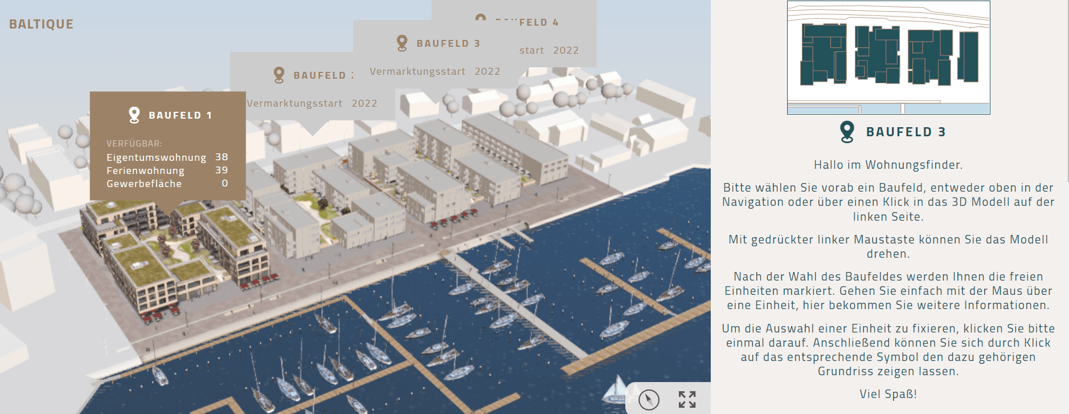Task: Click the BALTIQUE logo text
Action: coord(41,24)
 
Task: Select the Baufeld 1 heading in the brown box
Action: coord(180,115)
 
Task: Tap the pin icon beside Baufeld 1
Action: coord(134,115)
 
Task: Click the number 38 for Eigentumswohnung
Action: coord(222,157)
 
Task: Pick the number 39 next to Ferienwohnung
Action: coord(222,170)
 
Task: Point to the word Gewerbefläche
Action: coord(144,184)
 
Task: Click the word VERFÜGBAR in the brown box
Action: coord(134,144)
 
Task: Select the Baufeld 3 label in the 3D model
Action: coord(448,43)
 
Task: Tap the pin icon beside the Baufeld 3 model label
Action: coord(402,43)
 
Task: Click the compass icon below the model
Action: coord(649,400)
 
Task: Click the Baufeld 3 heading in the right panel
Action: coord(906,132)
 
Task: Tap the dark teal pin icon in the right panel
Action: coord(847,132)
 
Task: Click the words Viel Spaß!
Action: coord(888,394)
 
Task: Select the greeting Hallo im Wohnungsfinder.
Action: coord(888,165)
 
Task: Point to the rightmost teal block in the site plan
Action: coord(968,56)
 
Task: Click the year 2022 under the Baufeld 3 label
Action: coord(488,71)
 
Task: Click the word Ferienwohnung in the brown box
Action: coord(145,171)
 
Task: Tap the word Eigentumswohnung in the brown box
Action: coord(156,157)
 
